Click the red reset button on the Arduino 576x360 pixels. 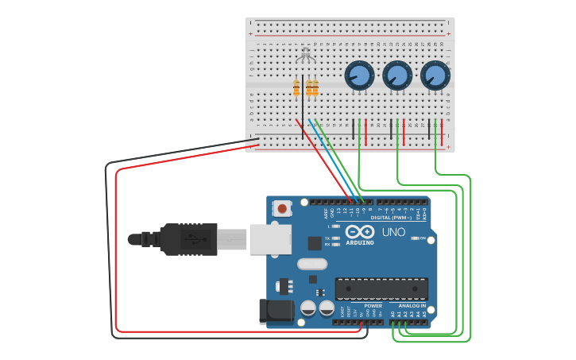point(280,208)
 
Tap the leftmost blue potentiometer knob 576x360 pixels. point(359,76)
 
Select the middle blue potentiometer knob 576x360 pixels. point(397,76)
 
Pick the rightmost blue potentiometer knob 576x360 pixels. point(435,76)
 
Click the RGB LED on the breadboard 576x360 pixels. point(305,56)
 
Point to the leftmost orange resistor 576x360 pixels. point(296,88)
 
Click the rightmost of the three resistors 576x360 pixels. point(315,88)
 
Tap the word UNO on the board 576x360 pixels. point(394,232)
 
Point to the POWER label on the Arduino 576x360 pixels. point(373,306)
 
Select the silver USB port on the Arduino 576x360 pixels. point(270,238)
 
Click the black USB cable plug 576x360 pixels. point(188,239)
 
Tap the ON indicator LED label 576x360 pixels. point(423,238)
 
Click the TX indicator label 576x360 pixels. point(327,238)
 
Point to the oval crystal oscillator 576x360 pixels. point(312,264)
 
